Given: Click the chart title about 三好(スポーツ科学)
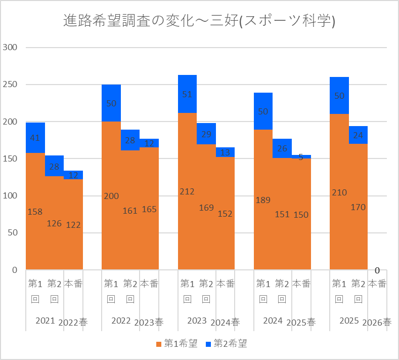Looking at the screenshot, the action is point(199,20).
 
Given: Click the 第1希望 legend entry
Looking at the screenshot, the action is point(177,343).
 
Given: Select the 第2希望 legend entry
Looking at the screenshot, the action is point(226,343).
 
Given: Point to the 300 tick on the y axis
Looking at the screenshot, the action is point(10,48).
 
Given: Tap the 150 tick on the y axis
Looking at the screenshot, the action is point(10,158).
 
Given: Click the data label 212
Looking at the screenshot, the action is point(187,191).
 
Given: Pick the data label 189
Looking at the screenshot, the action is point(263,200).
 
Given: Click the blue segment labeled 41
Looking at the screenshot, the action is point(35,138).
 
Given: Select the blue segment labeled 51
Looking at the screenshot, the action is point(187,94).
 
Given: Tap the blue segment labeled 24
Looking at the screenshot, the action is point(358,135).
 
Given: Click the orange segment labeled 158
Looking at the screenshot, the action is point(35,211).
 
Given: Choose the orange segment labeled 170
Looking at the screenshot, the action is point(358,207).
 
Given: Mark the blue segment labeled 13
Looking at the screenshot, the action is point(225,152).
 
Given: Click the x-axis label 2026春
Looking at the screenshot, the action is point(377,323).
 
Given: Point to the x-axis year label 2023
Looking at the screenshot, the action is point(197,321).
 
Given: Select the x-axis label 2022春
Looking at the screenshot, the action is point(73,323).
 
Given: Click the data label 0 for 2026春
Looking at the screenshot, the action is point(377,270).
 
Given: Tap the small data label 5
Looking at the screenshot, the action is point(301,157).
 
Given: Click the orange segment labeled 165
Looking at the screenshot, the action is point(149,209).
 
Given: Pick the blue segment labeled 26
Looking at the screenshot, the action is point(282,148).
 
